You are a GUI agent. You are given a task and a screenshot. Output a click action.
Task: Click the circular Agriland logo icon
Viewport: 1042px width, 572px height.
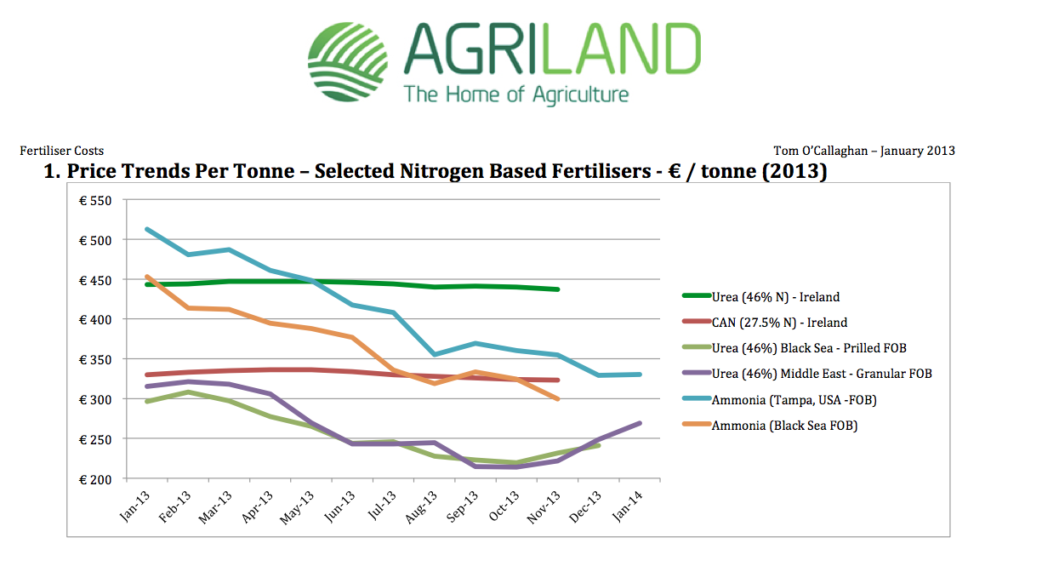(348, 61)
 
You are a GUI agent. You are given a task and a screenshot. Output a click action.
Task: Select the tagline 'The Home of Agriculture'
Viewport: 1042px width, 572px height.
(515, 94)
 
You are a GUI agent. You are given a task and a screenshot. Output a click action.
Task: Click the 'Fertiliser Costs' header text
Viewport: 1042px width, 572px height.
(61, 151)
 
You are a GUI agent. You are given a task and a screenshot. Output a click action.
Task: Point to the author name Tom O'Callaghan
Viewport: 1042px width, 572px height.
(821, 151)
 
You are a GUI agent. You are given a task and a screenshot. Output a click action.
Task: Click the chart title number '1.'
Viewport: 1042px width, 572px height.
(52, 171)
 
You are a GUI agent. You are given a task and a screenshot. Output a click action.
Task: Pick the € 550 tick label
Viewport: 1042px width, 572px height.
(95, 201)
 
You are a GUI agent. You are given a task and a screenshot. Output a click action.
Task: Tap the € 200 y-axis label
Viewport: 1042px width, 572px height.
(95, 480)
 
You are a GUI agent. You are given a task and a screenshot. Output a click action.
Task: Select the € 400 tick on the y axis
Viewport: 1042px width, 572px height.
(95, 320)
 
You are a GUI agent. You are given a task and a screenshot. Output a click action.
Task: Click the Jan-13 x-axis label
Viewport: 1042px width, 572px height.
(135, 506)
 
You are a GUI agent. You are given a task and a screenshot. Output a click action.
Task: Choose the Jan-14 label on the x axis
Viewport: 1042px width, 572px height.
(628, 506)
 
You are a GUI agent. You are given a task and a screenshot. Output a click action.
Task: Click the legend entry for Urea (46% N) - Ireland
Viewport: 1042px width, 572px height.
(761, 297)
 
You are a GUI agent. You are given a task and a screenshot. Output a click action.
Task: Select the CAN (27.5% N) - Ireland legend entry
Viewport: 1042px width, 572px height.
(765, 323)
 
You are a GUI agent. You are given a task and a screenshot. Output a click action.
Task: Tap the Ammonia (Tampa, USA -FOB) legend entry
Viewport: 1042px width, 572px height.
(780, 400)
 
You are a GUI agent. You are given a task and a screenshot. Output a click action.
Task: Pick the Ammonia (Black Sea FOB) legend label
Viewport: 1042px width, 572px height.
(770, 426)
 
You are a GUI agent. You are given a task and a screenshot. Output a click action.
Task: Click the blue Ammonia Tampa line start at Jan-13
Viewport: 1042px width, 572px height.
(147, 230)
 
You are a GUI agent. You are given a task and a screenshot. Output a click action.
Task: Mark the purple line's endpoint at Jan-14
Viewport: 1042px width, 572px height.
(640, 423)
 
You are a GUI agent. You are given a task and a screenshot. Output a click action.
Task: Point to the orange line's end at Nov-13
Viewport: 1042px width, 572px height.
(557, 399)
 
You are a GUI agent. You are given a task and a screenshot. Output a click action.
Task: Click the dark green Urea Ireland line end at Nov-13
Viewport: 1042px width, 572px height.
(557, 289)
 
